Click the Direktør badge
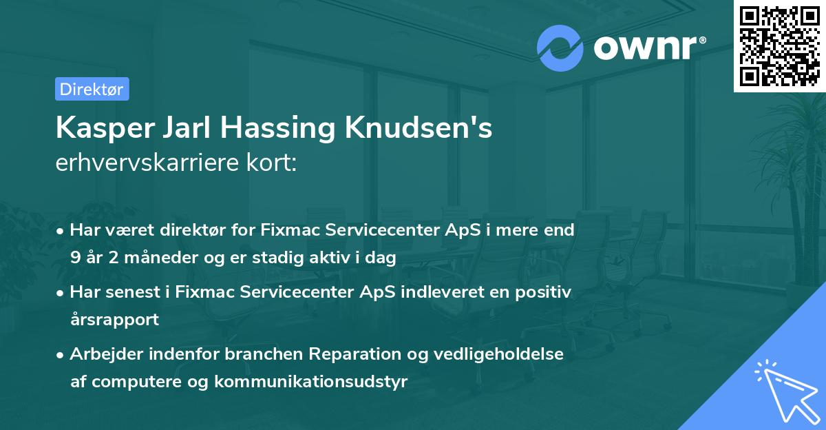(x=92, y=89)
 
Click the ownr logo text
(x=650, y=48)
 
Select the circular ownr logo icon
(x=560, y=48)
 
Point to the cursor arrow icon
(x=785, y=390)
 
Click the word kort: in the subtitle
(x=273, y=163)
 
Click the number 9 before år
(x=75, y=258)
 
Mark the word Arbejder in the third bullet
(x=103, y=354)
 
